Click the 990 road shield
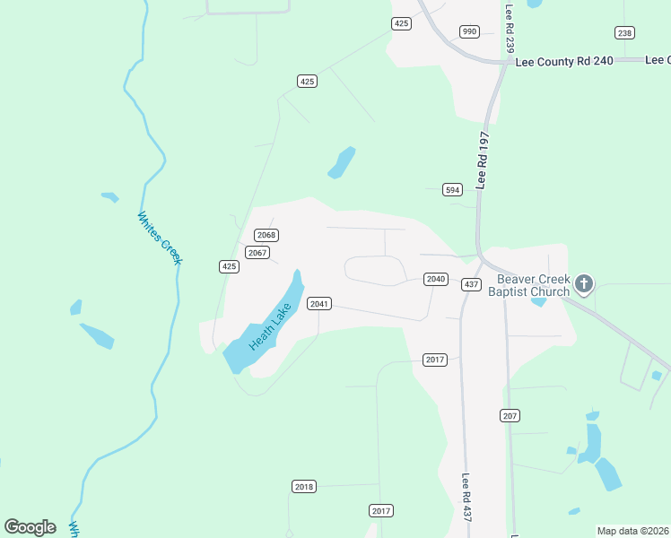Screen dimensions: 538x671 [x=469, y=31]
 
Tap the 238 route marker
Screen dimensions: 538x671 [x=625, y=33]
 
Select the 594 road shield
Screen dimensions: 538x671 [x=452, y=189]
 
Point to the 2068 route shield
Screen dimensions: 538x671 [x=266, y=235]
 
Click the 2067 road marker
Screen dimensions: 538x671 [x=257, y=253]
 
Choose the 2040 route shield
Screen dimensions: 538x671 [x=436, y=279]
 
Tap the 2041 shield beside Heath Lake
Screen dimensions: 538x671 [x=319, y=303]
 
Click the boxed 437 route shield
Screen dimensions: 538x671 [x=471, y=284]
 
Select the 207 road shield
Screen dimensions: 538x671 [x=510, y=415]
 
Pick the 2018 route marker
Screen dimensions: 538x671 [x=304, y=486]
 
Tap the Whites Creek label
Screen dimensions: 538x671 [x=160, y=238]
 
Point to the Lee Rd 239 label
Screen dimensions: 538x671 [x=510, y=30]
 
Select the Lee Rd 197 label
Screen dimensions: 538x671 [x=484, y=160]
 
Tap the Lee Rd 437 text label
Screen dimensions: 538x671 [x=466, y=498]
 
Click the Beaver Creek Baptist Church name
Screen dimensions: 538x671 [x=529, y=285]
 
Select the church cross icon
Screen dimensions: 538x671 [x=584, y=285]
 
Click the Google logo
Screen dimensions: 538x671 [x=30, y=527]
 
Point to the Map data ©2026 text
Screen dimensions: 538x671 [x=632, y=531]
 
